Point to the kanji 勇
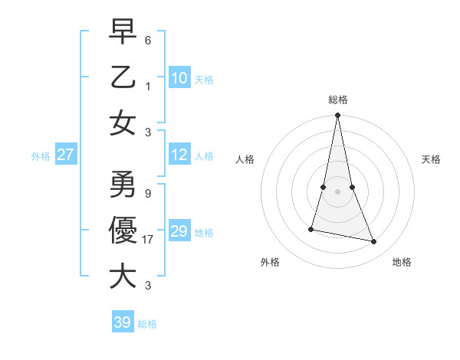coord(123,184)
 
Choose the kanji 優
coord(123,230)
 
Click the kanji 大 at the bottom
coord(123,276)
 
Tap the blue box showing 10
coord(179,77)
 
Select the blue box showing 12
coord(179,155)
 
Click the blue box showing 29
coord(179,231)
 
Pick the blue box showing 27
coord(66,155)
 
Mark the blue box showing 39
coord(123,322)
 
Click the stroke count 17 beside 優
coord(149,240)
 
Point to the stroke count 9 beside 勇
coord(148,194)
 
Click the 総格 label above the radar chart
coord(337,100)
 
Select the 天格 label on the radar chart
coord(432,159)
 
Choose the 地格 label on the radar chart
coord(402,262)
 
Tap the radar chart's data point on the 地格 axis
coord(374,242)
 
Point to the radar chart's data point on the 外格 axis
coord(311,229)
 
